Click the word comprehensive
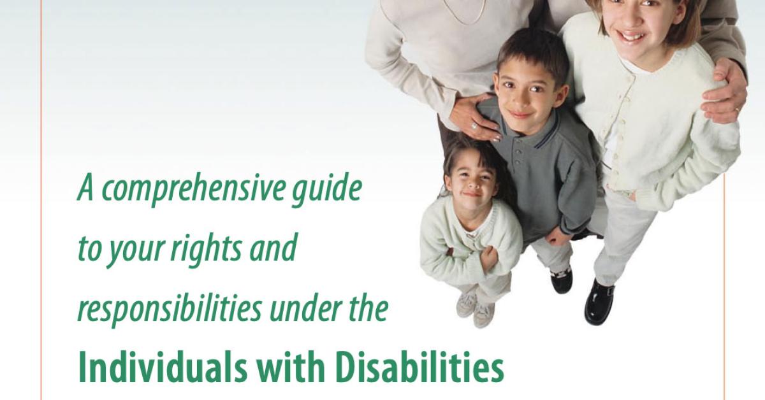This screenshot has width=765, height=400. (193, 189)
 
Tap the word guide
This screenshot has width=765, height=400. (327, 189)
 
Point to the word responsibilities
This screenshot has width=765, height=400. (170, 308)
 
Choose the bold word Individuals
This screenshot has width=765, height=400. (163, 370)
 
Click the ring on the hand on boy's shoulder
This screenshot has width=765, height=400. (474, 126)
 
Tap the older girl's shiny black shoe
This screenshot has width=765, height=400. (599, 302)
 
